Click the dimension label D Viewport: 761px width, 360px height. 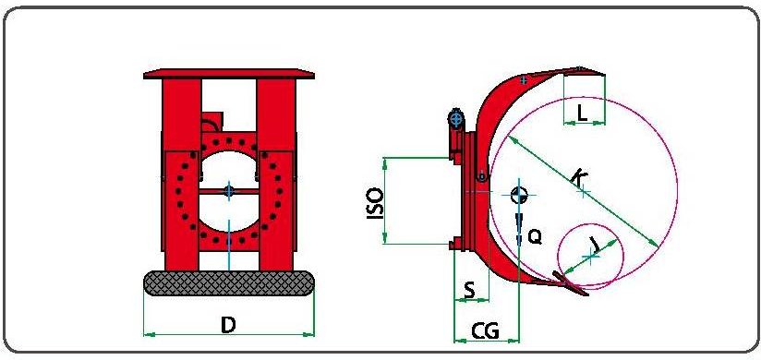[228, 325]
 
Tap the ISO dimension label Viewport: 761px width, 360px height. [375, 203]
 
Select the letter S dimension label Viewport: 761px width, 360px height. [469, 290]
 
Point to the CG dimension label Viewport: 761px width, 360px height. [486, 331]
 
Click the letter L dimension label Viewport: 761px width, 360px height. [583, 114]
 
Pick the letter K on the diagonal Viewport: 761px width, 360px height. [578, 176]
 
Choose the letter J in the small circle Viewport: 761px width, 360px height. [595, 245]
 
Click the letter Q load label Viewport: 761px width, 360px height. [534, 236]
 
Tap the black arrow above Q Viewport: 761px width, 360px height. [518, 229]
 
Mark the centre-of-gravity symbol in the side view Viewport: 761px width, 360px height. [519, 195]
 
